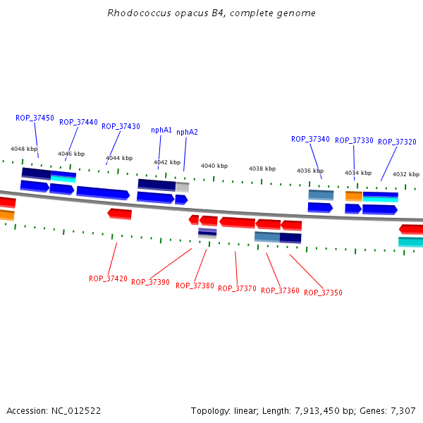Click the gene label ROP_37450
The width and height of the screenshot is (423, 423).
click(x=35, y=118)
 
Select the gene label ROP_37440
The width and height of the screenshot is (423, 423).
click(x=78, y=122)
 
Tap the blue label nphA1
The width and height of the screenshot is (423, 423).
click(x=161, y=130)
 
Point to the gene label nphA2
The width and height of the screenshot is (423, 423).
click(x=187, y=132)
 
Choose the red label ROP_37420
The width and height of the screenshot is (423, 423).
click(x=108, y=278)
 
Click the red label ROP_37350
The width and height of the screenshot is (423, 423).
click(x=323, y=293)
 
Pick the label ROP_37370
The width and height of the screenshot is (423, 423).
click(x=237, y=288)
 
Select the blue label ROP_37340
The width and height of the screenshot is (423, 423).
click(x=310, y=139)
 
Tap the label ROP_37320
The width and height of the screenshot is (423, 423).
click(x=397, y=142)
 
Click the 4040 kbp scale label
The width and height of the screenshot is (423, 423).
click(x=214, y=166)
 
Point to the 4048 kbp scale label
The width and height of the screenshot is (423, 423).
click(x=23, y=149)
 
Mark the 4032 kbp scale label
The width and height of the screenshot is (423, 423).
click(x=405, y=174)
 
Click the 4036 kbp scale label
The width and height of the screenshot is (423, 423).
click(x=309, y=171)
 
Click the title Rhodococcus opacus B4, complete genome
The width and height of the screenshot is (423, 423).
click(x=211, y=13)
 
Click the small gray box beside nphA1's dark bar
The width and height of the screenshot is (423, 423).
click(x=183, y=187)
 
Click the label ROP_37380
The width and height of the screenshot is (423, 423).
click(x=195, y=286)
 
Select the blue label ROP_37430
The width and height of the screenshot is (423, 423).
click(x=121, y=126)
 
